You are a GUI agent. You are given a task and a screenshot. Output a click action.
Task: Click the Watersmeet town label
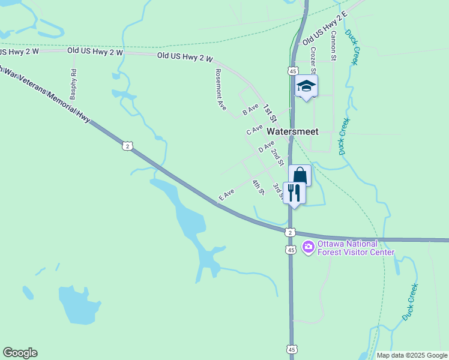tap(292, 131)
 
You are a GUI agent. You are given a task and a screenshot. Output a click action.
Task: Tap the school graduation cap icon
tap(306, 86)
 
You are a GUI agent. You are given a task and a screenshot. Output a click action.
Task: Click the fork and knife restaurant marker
tap(294, 193)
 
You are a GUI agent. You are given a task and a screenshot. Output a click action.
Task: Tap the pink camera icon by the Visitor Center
tap(309, 247)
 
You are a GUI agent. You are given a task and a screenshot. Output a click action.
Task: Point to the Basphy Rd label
tap(73, 85)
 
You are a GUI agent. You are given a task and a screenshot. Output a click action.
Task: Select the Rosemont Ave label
tap(220, 89)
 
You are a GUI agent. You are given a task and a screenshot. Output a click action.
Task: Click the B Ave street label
tap(250, 110)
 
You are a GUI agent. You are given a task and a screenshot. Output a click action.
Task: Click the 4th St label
tap(258, 188)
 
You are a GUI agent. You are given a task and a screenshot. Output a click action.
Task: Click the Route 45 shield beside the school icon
tap(291, 71)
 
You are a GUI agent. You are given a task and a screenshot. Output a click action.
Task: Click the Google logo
tap(20, 353)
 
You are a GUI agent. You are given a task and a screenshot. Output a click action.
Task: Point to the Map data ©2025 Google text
tap(412, 355)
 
